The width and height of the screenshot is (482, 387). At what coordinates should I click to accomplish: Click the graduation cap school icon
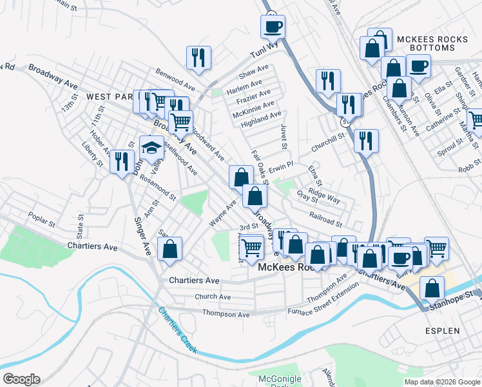(151, 146)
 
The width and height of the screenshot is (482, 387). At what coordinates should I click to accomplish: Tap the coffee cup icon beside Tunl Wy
(273, 26)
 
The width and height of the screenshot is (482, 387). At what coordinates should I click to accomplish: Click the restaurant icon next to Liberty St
(121, 161)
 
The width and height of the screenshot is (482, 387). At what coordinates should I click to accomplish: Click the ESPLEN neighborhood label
(443, 331)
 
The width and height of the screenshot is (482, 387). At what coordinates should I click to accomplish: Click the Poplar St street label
(42, 219)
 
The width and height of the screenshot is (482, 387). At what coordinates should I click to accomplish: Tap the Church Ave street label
(213, 297)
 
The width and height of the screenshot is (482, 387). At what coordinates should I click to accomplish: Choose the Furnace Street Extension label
(345, 301)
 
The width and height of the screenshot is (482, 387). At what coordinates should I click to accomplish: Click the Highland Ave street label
(262, 115)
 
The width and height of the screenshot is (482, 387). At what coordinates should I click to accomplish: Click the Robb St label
(470, 170)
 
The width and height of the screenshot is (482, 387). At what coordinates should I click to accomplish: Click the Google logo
(21, 379)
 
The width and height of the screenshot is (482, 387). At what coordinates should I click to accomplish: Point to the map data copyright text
(441, 382)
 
